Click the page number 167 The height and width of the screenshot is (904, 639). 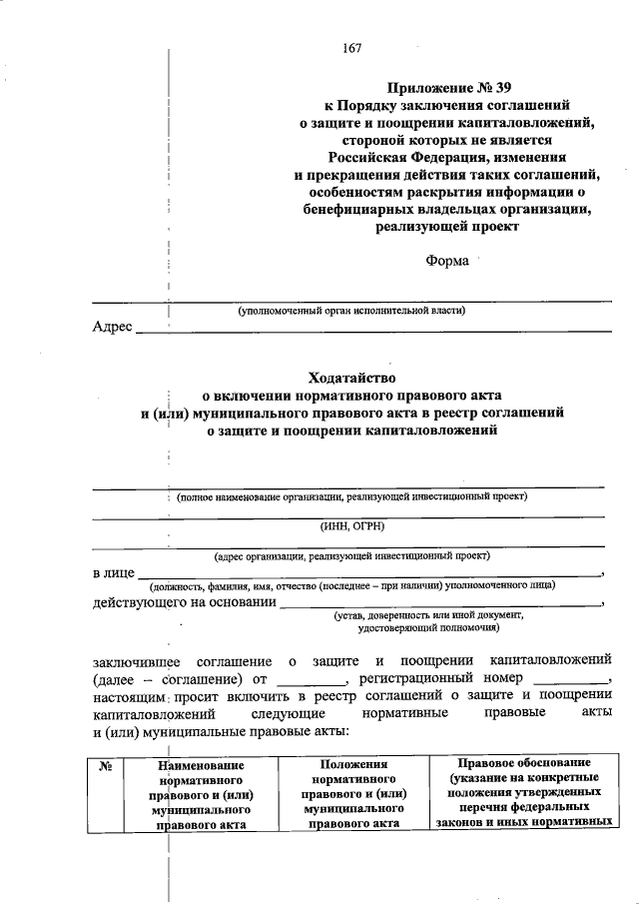coord(350,49)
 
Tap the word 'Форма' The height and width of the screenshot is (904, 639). coord(446,261)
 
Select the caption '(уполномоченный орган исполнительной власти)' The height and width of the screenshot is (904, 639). coord(351,312)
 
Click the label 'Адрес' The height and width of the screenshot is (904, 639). coord(112,328)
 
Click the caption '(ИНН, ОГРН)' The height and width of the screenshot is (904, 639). coord(351,525)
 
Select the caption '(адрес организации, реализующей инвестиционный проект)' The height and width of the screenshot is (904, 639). coord(351,555)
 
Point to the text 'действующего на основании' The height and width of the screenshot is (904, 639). coord(185,601)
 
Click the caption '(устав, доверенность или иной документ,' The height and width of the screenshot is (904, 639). coord(428,615)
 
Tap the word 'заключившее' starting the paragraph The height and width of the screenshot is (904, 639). coord(133,661)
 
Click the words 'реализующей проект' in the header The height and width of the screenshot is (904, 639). coord(446,228)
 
